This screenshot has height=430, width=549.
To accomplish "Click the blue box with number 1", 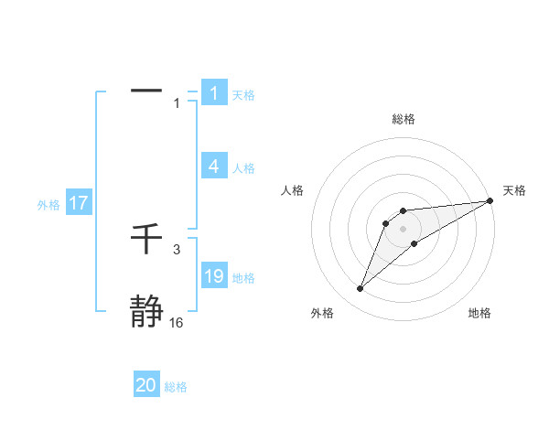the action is (214, 93).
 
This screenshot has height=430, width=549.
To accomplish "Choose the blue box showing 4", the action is (214, 167).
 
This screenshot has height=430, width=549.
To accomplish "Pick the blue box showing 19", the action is (214, 276).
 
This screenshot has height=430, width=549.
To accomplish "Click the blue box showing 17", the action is (79, 204).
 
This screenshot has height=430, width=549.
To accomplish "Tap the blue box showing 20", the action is (146, 386).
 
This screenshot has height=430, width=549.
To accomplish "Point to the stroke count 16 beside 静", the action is (176, 323).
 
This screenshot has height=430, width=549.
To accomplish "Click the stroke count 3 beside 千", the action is (177, 250).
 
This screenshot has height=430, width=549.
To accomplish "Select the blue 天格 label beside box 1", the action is (243, 94).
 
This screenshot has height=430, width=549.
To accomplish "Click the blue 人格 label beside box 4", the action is (243, 168).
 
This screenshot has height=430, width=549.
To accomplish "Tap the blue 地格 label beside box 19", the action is (243, 278).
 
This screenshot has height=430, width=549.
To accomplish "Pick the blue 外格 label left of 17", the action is (48, 205).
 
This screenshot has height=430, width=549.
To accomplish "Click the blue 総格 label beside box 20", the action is (176, 387).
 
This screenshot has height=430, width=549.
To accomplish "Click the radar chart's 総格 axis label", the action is (403, 119).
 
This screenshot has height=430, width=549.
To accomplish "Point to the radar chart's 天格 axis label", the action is (514, 190).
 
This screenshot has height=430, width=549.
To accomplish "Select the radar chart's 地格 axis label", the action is (479, 314).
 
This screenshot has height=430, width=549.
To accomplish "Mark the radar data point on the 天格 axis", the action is (490, 200).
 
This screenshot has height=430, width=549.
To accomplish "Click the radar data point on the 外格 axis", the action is (361, 289).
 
